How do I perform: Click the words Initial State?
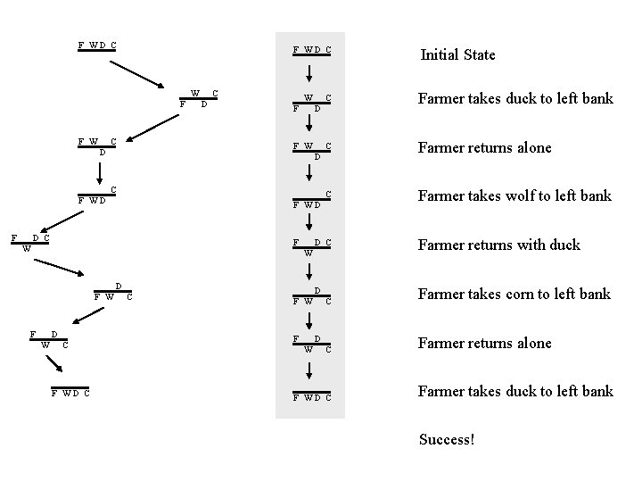[x=457, y=54]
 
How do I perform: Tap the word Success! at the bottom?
[x=447, y=439]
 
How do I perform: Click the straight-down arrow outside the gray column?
[x=97, y=170]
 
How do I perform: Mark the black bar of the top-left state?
[x=97, y=51]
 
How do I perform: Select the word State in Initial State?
[x=479, y=54]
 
